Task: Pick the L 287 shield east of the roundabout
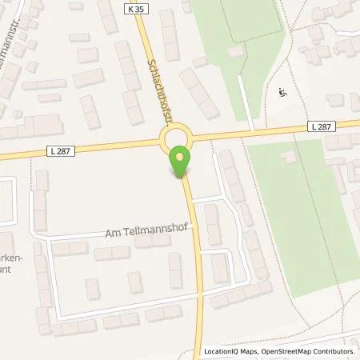click(x=318, y=126)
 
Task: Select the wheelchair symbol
click(x=280, y=91)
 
